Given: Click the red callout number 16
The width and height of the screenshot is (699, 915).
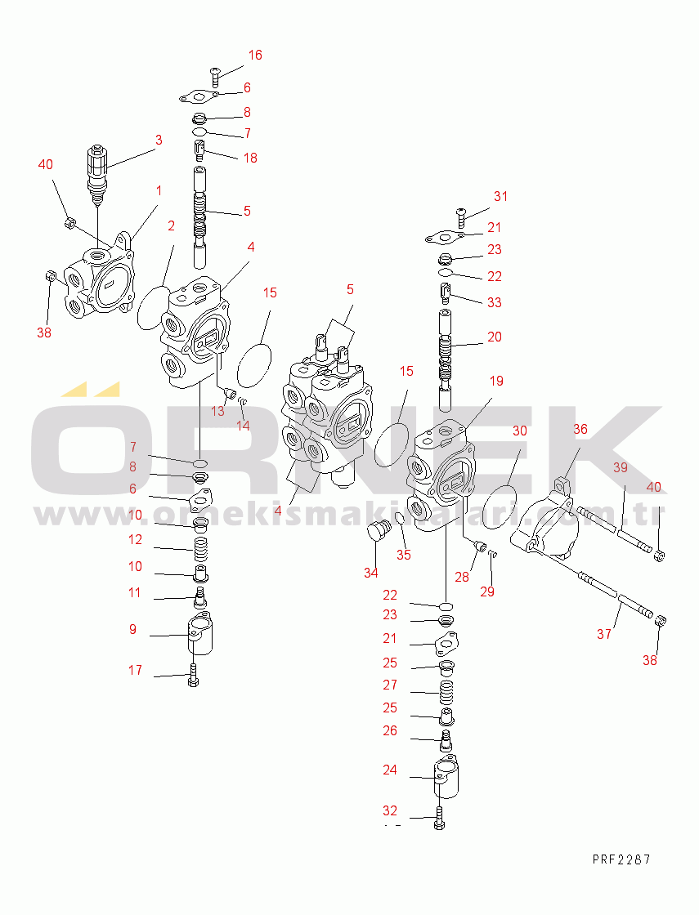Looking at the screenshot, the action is [x=255, y=55].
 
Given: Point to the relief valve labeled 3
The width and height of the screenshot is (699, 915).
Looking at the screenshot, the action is [x=96, y=175].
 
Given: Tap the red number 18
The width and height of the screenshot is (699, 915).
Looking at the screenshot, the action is [x=250, y=158].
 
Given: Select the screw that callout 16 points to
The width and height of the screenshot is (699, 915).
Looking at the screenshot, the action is [x=215, y=78].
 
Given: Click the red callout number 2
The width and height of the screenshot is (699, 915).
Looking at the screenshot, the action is [x=171, y=225].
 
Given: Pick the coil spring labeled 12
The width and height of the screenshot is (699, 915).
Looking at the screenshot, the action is [x=201, y=550].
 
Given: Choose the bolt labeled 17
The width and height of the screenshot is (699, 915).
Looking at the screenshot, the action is [x=194, y=676].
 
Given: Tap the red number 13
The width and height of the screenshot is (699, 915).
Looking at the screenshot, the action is [x=217, y=412].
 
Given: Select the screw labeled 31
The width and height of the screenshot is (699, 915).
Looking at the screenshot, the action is [x=461, y=218].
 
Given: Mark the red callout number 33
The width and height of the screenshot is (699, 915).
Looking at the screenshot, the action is [x=495, y=303].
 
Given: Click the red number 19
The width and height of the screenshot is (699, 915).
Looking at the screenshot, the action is [x=496, y=382].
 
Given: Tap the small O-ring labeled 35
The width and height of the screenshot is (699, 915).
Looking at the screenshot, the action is [x=400, y=520].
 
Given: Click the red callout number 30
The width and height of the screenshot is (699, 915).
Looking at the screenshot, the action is [x=520, y=431].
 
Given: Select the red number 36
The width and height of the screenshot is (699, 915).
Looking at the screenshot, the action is [x=580, y=430].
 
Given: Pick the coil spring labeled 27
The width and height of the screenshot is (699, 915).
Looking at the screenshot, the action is [x=446, y=693].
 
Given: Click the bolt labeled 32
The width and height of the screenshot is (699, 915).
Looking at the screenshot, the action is [x=439, y=818].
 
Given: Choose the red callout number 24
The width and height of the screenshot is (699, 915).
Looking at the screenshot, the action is [x=390, y=770].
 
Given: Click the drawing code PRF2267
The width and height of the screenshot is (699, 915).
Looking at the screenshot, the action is [x=621, y=859].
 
